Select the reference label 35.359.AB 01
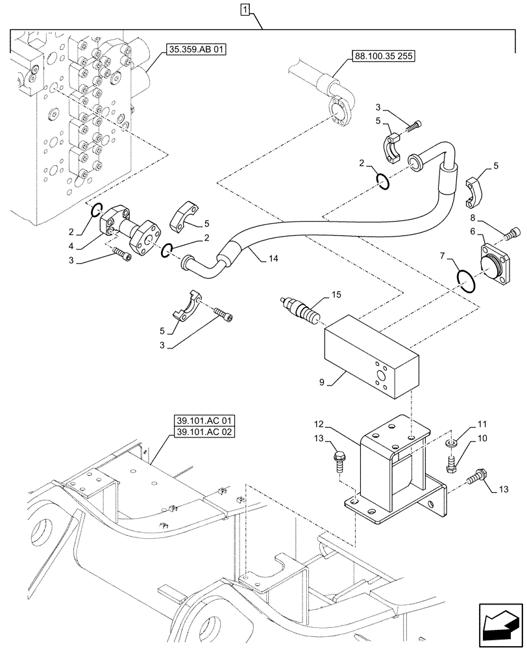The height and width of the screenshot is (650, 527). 195,49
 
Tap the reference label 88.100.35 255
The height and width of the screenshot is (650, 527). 383,55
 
